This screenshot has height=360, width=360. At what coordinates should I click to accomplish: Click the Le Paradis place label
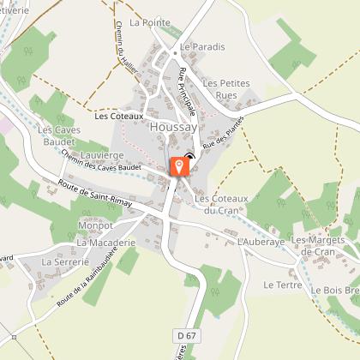click(x=203, y=46)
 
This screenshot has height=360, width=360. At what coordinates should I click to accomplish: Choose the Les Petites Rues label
click(x=226, y=88)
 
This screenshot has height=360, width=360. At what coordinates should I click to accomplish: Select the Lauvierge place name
click(x=102, y=155)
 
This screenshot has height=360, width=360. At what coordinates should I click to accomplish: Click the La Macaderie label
click(x=106, y=243)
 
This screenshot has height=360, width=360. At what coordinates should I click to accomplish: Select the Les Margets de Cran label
click(x=321, y=245)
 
